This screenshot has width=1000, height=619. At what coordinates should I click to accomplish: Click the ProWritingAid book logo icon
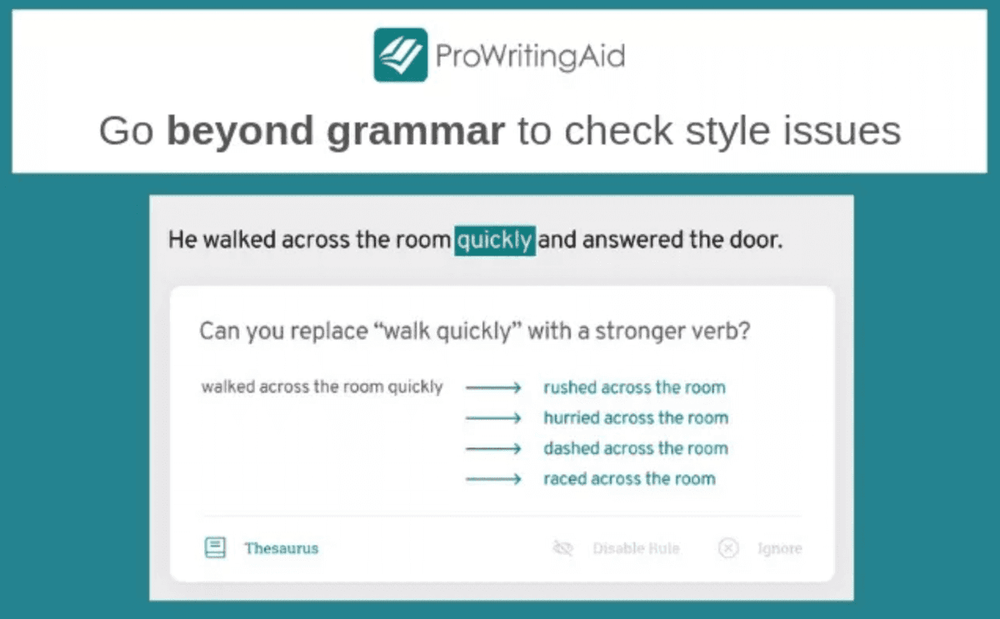click(401, 55)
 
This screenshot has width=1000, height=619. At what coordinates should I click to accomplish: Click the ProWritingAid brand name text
click(530, 56)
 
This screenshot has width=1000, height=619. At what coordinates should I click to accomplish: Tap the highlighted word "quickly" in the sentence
click(495, 241)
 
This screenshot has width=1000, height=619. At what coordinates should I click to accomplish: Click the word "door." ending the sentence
click(757, 240)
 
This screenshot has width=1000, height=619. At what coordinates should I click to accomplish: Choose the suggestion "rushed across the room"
click(634, 387)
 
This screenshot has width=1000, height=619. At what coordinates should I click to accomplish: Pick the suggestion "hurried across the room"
click(636, 417)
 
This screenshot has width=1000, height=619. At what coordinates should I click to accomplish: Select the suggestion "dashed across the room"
click(636, 448)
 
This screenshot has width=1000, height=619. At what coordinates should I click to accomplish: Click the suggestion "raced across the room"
click(629, 478)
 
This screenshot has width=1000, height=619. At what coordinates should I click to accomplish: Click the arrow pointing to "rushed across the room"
click(493, 387)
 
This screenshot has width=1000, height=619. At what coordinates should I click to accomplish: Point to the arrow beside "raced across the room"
click(493, 479)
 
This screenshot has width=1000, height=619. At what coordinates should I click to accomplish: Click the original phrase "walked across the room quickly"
click(322, 387)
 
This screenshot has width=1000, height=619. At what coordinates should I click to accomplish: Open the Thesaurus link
click(282, 548)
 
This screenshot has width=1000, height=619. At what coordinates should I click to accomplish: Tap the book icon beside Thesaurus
click(215, 547)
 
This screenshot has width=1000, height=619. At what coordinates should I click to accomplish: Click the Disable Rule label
click(636, 548)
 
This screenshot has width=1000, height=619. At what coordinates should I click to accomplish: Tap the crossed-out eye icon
click(563, 547)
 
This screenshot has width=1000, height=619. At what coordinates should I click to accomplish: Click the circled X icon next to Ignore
click(728, 548)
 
